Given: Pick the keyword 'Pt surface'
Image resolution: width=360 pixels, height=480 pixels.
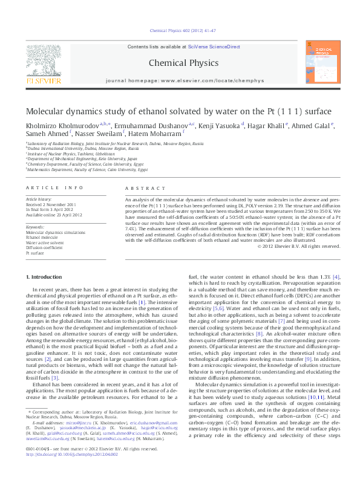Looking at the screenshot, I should pyautogui.click(x=35, y=253).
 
